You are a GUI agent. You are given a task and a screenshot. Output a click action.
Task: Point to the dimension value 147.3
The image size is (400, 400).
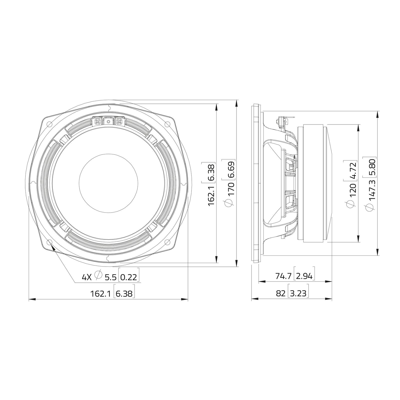pyautogui.click(x=371, y=190)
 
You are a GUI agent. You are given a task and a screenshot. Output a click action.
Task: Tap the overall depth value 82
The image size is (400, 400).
pyautogui.click(x=280, y=293)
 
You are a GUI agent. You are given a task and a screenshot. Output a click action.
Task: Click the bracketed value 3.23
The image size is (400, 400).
pyautogui.click(x=298, y=293)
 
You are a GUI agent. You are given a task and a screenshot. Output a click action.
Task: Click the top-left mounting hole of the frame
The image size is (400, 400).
pyautogui.click(x=49, y=124)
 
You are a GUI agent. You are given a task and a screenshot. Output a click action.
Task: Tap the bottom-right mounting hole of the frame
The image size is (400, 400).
pyautogui.click(x=167, y=242)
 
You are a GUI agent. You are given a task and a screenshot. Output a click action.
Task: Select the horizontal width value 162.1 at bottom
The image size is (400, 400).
pyautogui.click(x=100, y=294)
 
